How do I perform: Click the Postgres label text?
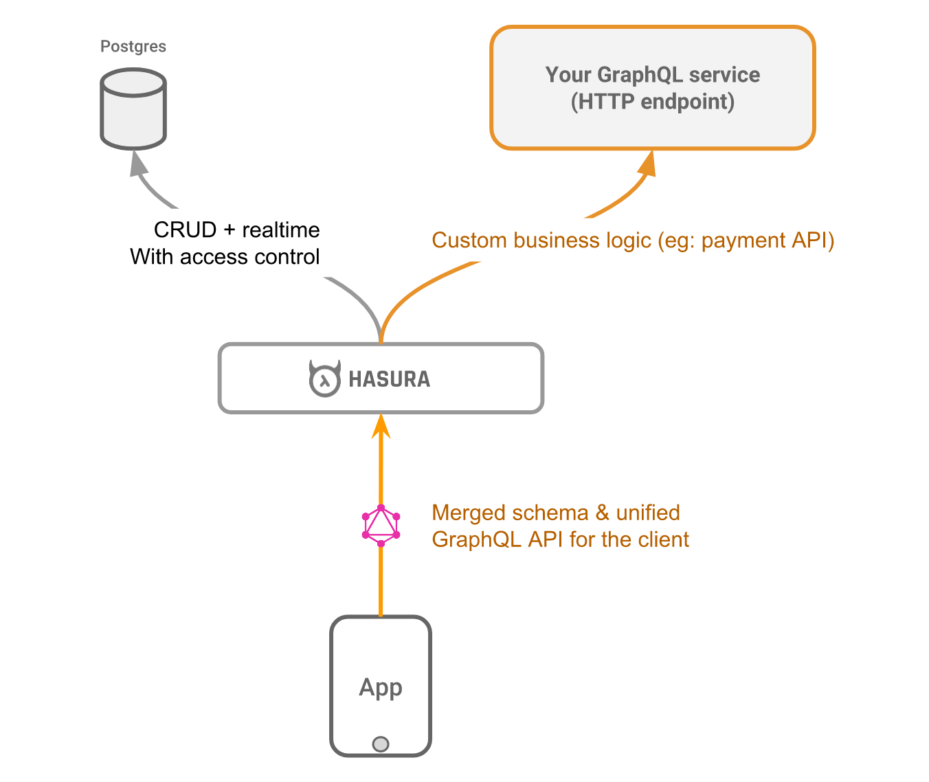(133, 47)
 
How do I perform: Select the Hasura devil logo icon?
(324, 379)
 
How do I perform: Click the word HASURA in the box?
(389, 379)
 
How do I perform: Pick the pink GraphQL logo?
(381, 526)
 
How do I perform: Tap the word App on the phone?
(381, 687)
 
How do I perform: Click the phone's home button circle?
(381, 744)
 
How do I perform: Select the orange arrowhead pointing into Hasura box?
(381, 426)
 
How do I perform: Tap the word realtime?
(281, 230)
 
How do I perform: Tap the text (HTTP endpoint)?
(653, 102)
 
